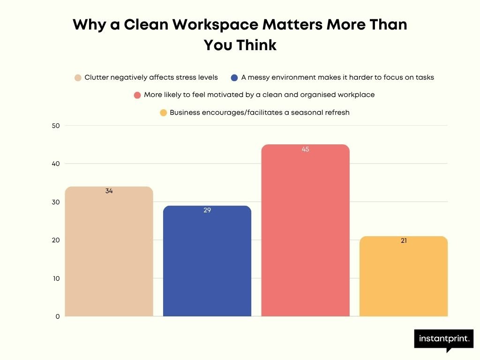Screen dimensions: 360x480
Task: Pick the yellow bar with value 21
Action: [404, 277]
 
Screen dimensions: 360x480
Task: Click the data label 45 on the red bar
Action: [306, 150]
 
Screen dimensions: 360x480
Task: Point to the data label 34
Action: [109, 191]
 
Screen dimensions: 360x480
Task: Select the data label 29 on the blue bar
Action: [207, 210]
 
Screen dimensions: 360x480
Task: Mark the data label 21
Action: [404, 241]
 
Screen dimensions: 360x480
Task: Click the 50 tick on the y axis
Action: [56, 126]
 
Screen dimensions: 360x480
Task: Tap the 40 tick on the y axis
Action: [56, 164]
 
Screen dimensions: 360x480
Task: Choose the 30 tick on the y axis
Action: [56, 202]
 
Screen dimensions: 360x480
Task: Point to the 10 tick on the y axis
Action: [56, 278]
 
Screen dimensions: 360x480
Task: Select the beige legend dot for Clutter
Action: [78, 78]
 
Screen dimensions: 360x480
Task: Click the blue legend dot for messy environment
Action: [234, 78]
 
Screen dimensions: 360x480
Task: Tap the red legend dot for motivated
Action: [137, 95]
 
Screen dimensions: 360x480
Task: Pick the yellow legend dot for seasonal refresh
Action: [163, 113]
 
